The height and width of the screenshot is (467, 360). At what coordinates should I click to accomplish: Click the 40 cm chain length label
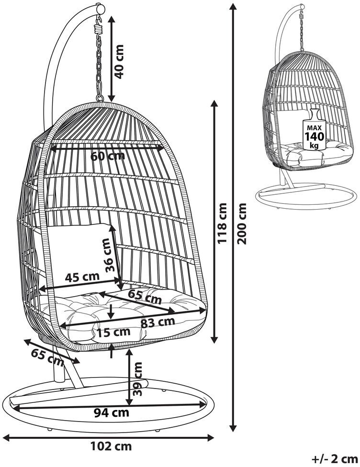[120, 61]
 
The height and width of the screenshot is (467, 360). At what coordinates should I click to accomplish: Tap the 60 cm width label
[108, 156]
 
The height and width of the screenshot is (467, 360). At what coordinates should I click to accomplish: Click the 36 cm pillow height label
[110, 257]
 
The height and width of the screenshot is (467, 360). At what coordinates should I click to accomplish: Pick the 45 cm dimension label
[83, 276]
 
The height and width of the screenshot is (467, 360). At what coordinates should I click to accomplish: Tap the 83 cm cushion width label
[157, 322]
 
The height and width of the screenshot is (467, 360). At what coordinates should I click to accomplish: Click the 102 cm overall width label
[111, 446]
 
